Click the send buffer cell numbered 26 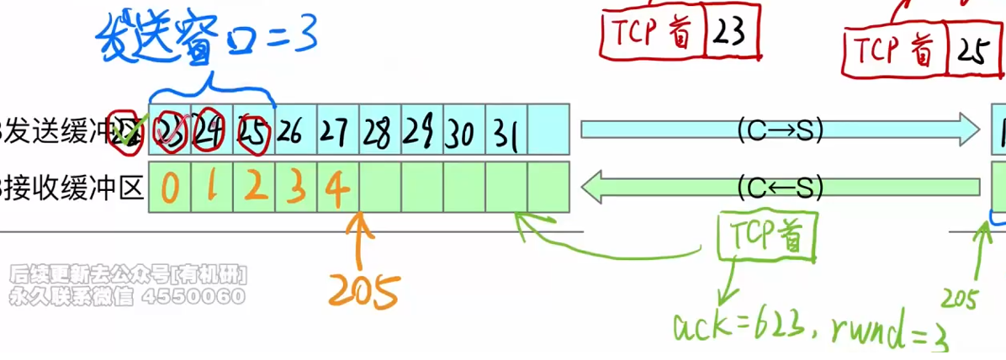click(295, 130)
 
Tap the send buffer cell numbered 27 click(337, 130)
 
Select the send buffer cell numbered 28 click(379, 130)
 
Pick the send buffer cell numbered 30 click(463, 131)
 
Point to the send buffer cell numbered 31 click(506, 131)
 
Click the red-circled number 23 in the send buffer click(171, 130)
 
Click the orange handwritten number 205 click(363, 290)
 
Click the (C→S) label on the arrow click(779, 130)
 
